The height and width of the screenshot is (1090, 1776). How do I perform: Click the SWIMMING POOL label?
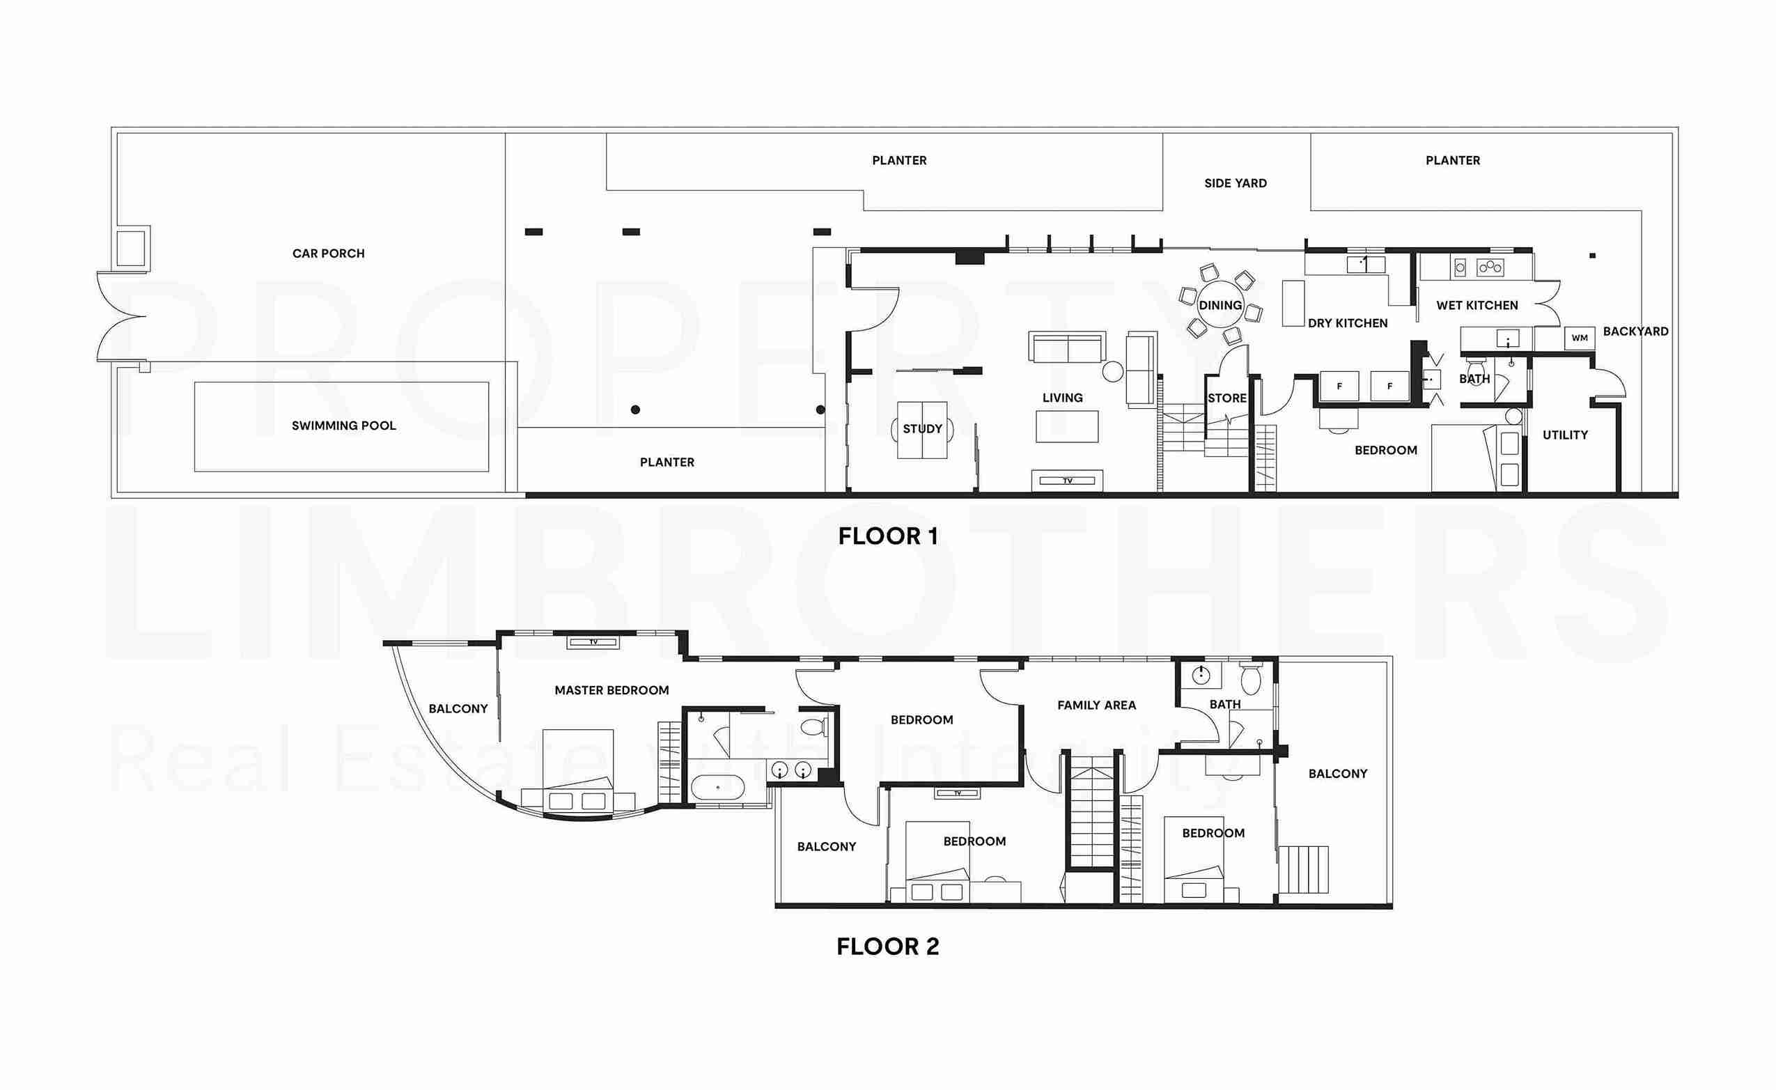(344, 426)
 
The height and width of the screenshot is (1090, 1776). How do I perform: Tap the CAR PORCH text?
(329, 254)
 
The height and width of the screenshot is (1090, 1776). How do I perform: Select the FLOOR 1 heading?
(888, 536)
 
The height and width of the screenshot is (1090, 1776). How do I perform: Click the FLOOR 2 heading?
(888, 947)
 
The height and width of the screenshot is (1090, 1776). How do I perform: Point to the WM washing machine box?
(1579, 338)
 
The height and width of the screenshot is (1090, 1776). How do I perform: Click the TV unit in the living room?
(1068, 481)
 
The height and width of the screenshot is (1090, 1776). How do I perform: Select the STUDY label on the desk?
(923, 429)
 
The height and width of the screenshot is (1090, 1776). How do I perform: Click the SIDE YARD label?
(1236, 184)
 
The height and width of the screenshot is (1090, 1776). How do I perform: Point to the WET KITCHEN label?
(1477, 306)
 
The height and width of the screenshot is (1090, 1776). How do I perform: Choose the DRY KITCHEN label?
(1348, 324)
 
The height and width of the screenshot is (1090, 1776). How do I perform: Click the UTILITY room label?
(1565, 435)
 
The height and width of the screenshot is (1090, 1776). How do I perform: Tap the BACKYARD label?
(1635, 332)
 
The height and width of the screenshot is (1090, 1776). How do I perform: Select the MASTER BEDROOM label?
(612, 691)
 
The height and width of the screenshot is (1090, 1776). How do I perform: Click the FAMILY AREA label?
(1096, 706)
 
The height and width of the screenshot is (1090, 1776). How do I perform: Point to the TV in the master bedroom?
(593, 641)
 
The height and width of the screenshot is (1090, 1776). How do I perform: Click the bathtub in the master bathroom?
(718, 787)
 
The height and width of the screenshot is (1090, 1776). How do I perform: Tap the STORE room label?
(1226, 398)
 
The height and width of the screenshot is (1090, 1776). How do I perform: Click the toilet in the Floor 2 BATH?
(1250, 678)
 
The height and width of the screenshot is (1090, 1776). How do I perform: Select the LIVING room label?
(1062, 398)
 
